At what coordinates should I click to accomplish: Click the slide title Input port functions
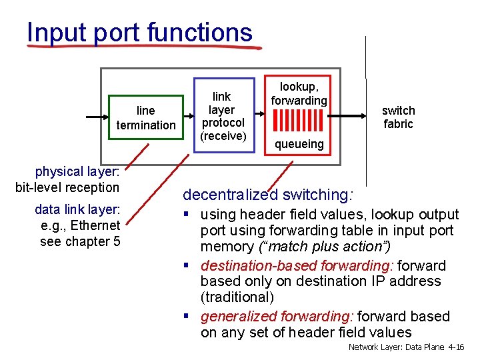click(x=139, y=32)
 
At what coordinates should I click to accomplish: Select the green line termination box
click(x=145, y=118)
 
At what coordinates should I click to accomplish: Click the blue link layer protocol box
click(x=224, y=116)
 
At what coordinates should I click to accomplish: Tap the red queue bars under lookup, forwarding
click(x=298, y=120)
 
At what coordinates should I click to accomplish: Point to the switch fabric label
click(x=398, y=117)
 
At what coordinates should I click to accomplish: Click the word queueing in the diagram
click(x=299, y=144)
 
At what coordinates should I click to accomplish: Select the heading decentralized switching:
click(x=268, y=195)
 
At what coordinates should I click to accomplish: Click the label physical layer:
click(x=77, y=172)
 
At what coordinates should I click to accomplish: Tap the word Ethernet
click(x=95, y=225)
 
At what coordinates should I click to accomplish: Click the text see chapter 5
click(x=80, y=241)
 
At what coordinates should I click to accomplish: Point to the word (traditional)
click(x=237, y=297)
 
